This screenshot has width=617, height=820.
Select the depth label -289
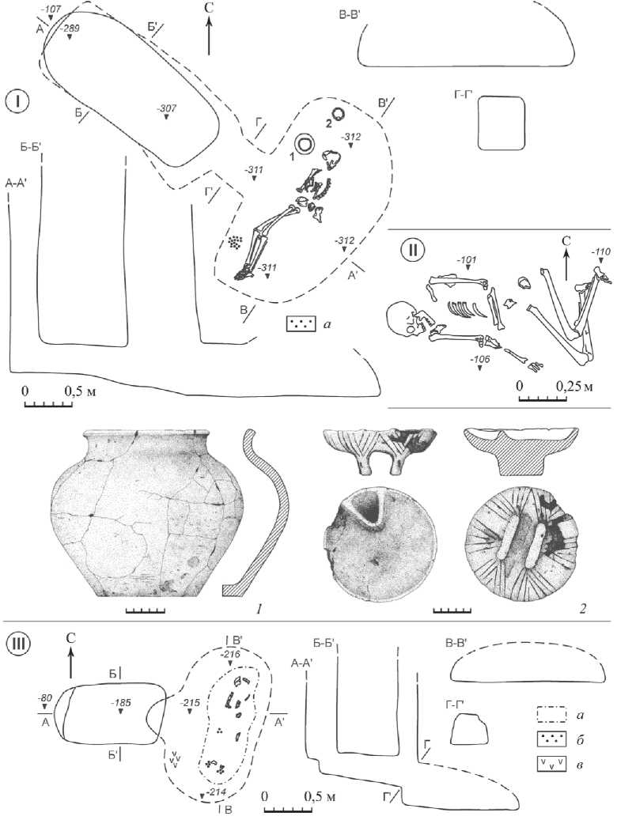click(x=70, y=28)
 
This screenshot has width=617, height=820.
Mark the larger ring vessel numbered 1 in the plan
click(x=305, y=143)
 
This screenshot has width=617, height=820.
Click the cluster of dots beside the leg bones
click(x=235, y=241)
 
